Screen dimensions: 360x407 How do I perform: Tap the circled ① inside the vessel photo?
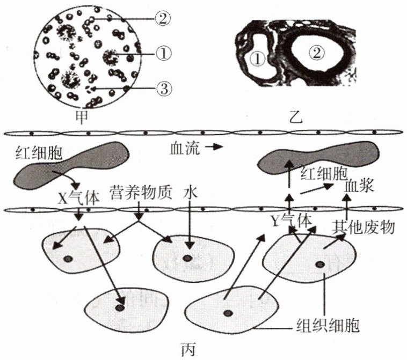[x=257, y=58]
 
